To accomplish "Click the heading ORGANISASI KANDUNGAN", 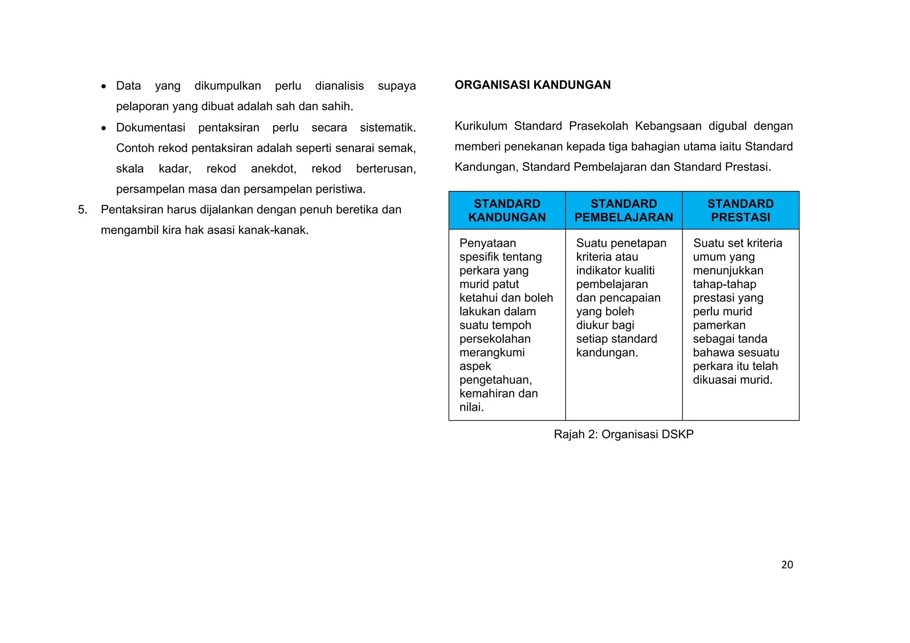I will click(x=532, y=85).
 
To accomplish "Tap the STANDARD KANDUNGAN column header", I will click(x=507, y=210).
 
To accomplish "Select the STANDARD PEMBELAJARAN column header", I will click(x=623, y=210).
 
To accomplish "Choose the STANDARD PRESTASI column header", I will click(x=740, y=210).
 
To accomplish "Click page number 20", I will click(x=787, y=564).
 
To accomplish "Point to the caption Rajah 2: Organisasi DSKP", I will click(x=623, y=434).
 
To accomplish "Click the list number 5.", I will click(x=82, y=210).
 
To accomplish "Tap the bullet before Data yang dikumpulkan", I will click(x=104, y=86).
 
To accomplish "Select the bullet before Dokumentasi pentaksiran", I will click(x=104, y=128).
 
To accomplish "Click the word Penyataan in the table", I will click(x=487, y=243).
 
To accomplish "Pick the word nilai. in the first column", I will click(x=471, y=407).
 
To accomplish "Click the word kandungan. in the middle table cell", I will click(x=607, y=353).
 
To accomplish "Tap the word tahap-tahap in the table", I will click(x=724, y=284).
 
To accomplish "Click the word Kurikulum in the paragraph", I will click(x=481, y=126).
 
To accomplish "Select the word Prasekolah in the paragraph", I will click(x=599, y=126).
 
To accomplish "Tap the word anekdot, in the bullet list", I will click(x=273, y=169).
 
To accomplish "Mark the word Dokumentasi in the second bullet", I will click(x=151, y=127).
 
